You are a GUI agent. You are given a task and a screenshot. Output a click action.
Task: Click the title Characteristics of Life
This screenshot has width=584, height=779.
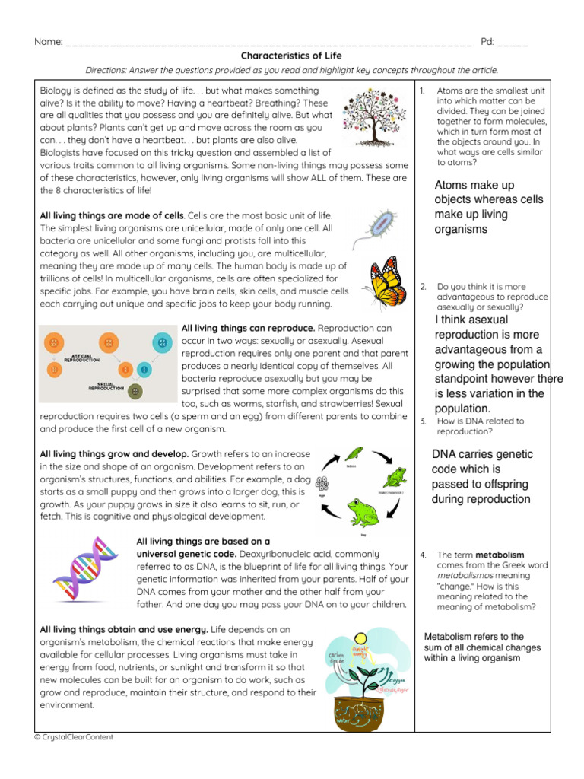coord(291,56)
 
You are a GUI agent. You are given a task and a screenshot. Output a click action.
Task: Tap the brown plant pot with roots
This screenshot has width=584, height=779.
coord(364,711)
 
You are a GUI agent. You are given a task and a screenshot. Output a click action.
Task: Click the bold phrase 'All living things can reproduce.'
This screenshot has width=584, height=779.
coord(237,328)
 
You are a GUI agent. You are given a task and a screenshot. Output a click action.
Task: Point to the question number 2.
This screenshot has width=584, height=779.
coord(423,286)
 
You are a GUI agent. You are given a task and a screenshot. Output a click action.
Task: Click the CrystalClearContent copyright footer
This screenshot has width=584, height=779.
coord(74,737)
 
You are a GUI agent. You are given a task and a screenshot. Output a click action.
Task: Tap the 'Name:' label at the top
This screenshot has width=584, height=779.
coord(49,41)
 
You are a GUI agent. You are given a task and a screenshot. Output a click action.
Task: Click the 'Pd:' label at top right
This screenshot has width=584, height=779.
coord(487,41)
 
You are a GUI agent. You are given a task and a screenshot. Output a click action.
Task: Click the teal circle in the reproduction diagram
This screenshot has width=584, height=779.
coord(162,342)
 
